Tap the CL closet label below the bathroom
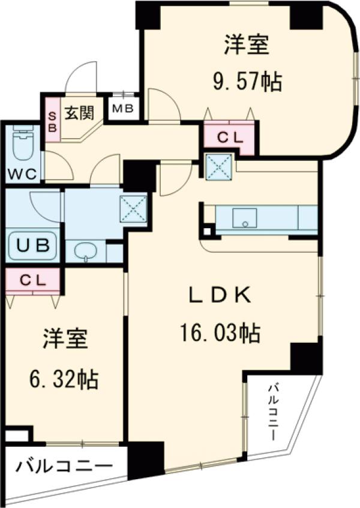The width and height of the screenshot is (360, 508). [33, 280]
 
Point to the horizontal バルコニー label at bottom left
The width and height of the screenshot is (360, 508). [64, 466]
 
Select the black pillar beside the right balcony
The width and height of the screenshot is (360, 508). [306, 358]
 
